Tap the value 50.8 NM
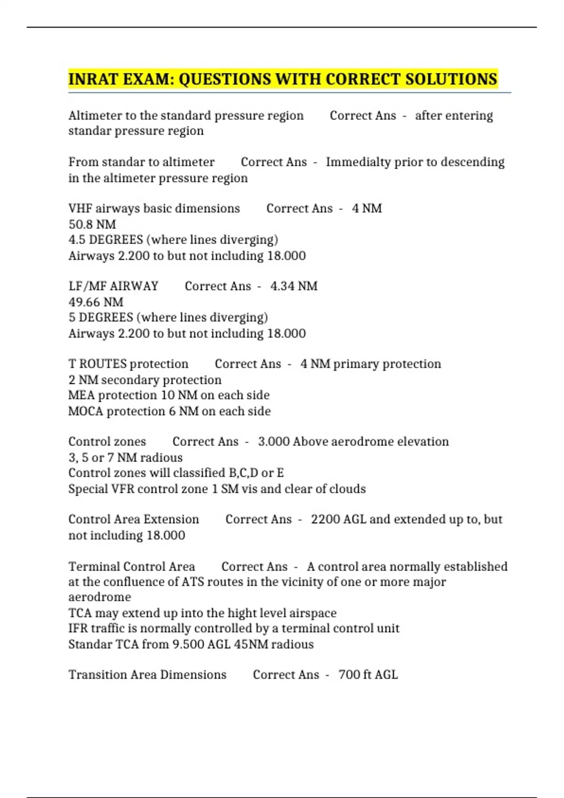pos(92,224)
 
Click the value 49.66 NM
pos(96,302)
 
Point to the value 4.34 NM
pos(294,286)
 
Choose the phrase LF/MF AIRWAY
pos(113,286)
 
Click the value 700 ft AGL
pos(368,675)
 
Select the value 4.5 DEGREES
pos(106,240)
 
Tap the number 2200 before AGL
pos(325,519)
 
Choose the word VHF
pos(80,208)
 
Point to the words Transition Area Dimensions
pos(147,675)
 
